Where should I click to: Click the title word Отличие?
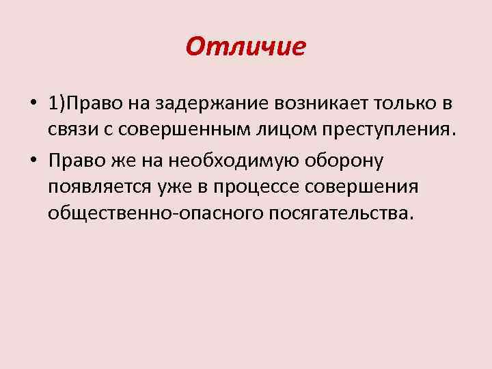coord(245,47)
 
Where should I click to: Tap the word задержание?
coord(214,105)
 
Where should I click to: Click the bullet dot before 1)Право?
coord(33,105)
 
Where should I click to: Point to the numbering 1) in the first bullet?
coord(56,105)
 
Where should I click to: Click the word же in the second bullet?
coord(113,161)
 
